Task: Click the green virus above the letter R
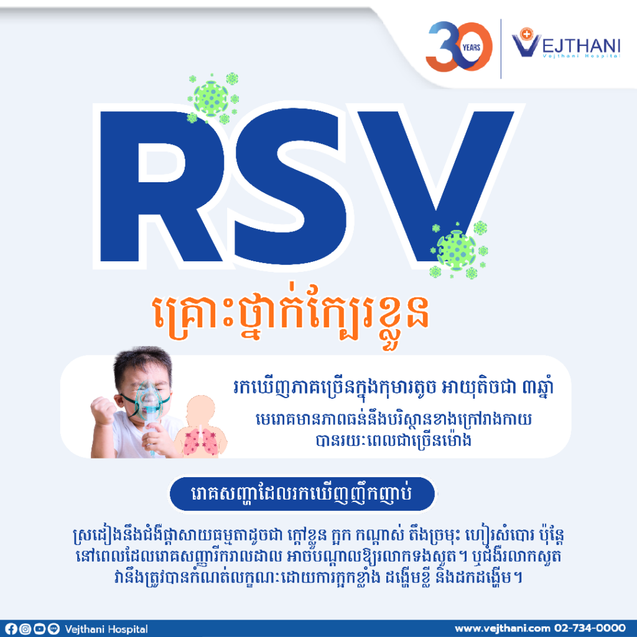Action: click(212, 98)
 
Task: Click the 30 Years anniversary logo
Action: click(458, 46)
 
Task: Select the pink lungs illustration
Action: click(200, 442)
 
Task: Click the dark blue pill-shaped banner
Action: click(302, 493)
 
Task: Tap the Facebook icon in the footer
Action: click(11, 629)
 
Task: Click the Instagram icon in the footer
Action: click(25, 629)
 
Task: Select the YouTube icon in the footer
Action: click(39, 629)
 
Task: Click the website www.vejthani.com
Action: click(502, 628)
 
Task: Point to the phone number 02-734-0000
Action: click(590, 628)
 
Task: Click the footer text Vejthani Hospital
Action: click(106, 630)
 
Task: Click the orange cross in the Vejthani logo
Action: click(526, 34)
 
